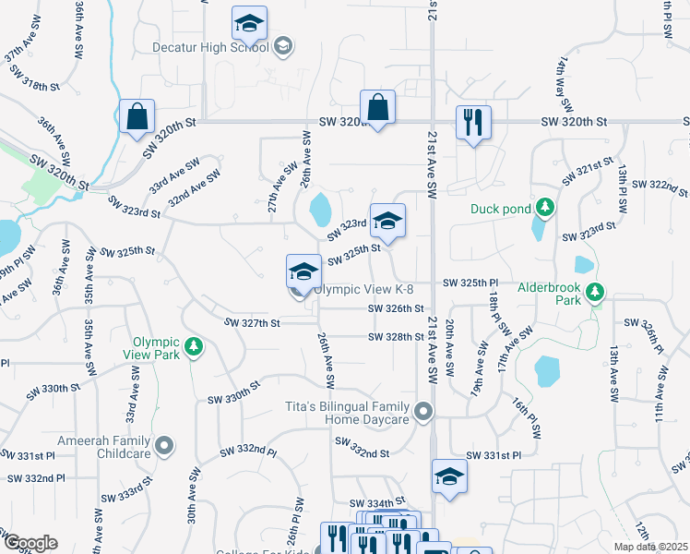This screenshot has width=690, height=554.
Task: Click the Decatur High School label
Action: pyautogui.click(x=213, y=47)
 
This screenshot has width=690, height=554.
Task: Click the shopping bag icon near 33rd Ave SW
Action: pyautogui.click(x=137, y=117)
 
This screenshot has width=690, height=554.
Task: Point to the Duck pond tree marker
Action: pyautogui.click(x=545, y=208)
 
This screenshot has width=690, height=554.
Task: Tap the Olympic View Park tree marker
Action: pyautogui.click(x=194, y=346)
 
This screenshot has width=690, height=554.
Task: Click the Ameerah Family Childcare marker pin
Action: pyautogui.click(x=165, y=447)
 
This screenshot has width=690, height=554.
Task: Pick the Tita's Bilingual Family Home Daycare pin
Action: pyautogui.click(x=423, y=411)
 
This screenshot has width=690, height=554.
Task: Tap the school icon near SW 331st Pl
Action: pyautogui.click(x=449, y=476)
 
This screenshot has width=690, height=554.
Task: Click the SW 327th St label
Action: pyautogui.click(x=252, y=322)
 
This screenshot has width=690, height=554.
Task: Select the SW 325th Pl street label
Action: pyautogui.click(x=470, y=282)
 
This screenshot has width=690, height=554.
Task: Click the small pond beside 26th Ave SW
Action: pyautogui.click(x=319, y=210)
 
